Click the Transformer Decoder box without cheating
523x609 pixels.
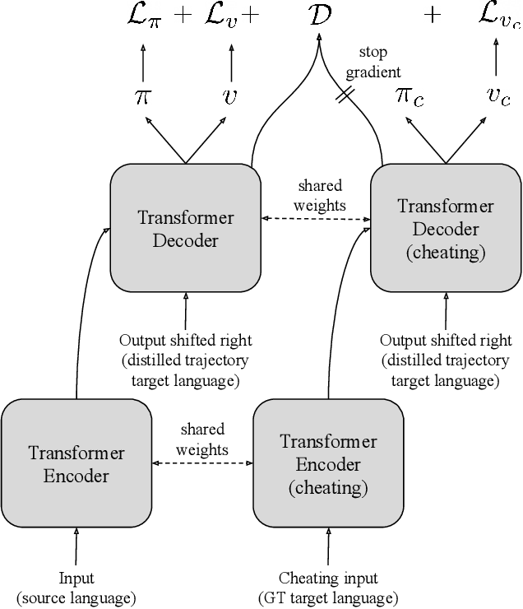[x=185, y=228]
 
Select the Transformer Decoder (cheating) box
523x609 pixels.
[x=446, y=228]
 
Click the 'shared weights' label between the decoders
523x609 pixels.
[x=319, y=195]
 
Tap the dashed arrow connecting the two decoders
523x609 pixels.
[x=316, y=219]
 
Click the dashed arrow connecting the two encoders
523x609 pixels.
[x=202, y=463]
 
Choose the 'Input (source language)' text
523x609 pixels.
[x=76, y=588]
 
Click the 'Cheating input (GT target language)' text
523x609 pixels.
[x=328, y=588]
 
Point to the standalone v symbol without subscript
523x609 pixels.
[x=229, y=95]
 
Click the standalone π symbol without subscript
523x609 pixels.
[x=143, y=95]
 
